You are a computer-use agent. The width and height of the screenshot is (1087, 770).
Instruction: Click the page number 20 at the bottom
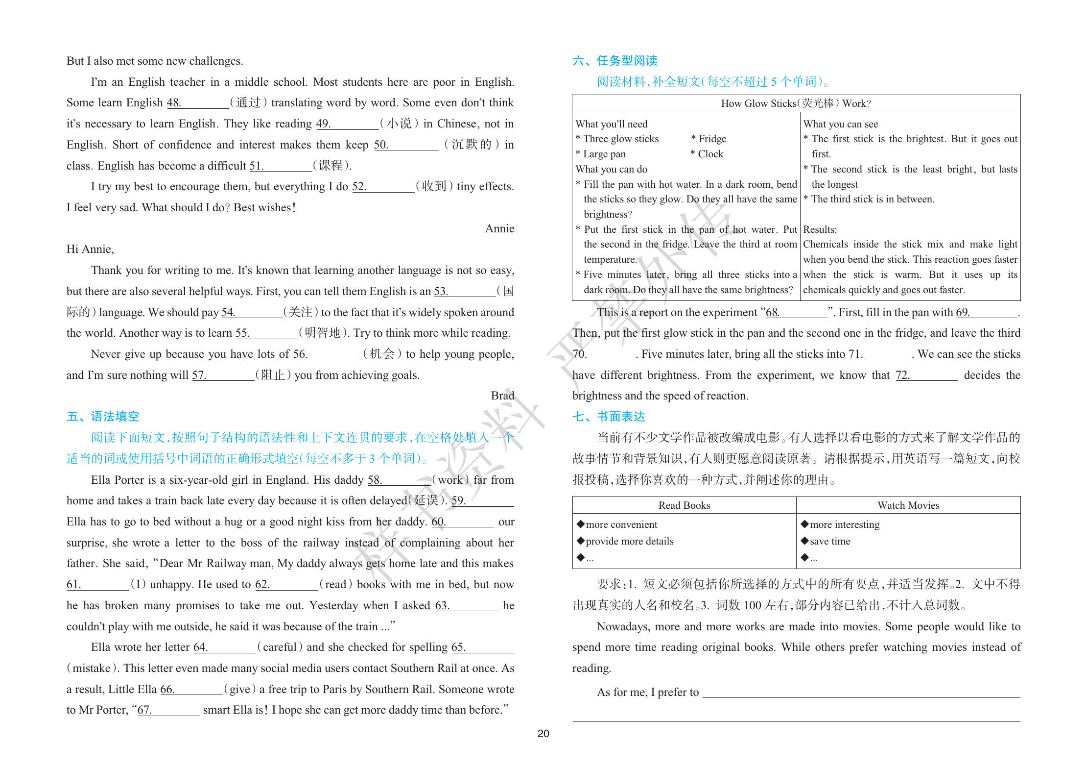543,733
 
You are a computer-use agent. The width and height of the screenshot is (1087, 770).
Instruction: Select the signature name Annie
499,228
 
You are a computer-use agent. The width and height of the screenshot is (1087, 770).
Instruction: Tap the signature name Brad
502,396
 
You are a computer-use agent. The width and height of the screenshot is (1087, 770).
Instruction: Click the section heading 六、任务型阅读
614,61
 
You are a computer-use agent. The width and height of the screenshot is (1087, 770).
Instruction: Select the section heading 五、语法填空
103,417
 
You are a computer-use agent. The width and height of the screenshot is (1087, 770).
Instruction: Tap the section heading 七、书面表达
609,417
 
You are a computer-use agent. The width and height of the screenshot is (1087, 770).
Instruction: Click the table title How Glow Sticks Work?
796,103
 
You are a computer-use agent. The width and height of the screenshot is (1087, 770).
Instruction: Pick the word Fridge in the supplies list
712,139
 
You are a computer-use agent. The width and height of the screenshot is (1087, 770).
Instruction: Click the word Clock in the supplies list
710,154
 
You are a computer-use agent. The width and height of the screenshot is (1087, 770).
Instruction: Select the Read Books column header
684,505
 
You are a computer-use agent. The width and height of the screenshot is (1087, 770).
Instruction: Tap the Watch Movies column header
908,505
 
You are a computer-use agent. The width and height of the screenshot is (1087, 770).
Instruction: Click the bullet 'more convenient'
621,524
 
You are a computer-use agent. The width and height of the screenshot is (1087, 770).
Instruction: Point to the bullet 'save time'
830,541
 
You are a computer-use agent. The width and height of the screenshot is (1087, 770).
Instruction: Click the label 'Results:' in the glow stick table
820,229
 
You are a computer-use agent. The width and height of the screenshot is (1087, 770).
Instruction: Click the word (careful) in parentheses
280,647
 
